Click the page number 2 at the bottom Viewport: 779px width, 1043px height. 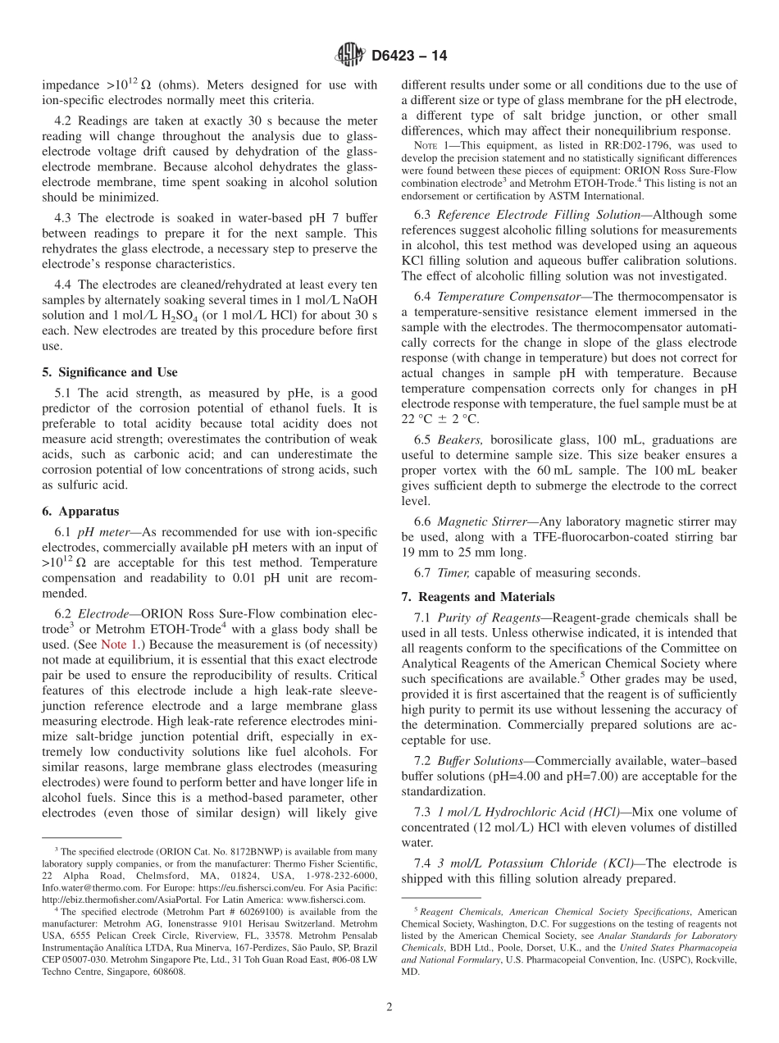(389, 1006)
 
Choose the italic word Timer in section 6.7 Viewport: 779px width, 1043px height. (453, 572)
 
